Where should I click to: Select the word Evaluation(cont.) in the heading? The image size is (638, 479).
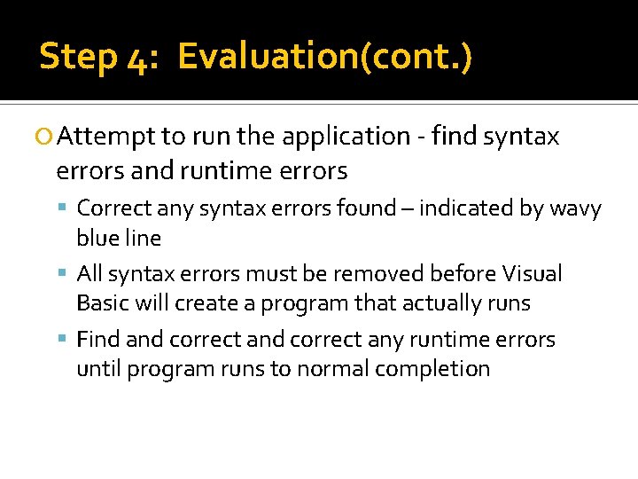324,57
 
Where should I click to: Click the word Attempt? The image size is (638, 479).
107,137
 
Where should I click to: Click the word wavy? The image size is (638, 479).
575,208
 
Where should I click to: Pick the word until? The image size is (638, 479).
98,369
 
